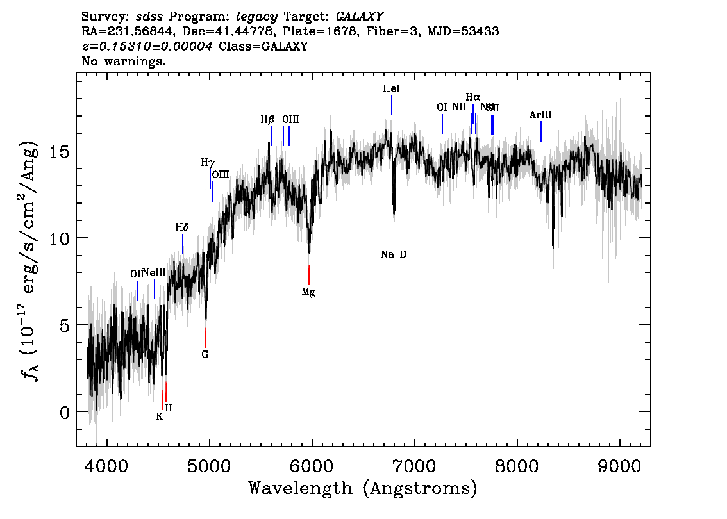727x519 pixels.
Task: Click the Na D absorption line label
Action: [x=394, y=254]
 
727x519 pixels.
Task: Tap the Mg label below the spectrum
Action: [x=308, y=292]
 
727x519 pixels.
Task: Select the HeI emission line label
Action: [x=391, y=90]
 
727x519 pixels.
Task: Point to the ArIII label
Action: [x=540, y=115]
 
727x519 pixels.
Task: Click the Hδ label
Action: [x=182, y=227]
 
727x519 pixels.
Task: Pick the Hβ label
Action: [x=267, y=119]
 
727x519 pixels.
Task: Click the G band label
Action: [x=205, y=354]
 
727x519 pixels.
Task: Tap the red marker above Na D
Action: [x=394, y=237]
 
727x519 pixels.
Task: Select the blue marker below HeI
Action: [x=391, y=106]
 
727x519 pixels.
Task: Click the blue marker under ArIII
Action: [x=541, y=131]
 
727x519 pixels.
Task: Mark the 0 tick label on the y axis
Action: [x=64, y=412]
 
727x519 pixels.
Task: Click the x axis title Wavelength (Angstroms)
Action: [x=363, y=489]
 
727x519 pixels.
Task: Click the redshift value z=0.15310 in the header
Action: [x=147, y=47]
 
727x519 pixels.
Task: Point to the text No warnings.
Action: [x=124, y=62]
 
